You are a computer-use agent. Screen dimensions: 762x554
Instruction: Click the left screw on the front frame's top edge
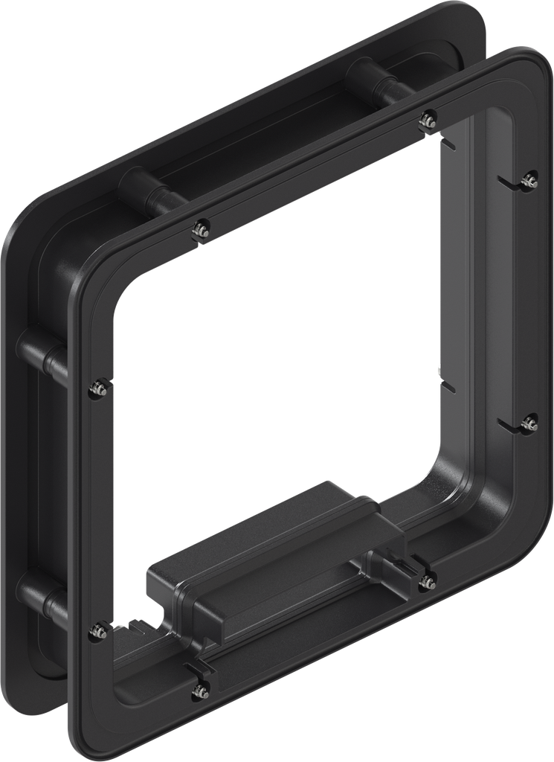pos(200,230)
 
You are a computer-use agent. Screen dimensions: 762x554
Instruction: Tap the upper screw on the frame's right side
pos(529,179)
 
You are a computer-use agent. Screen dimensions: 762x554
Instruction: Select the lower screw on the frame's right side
pos(529,423)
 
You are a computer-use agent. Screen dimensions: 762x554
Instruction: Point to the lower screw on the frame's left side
pos(97,631)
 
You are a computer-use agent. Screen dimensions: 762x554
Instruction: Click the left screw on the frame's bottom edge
pos(199,691)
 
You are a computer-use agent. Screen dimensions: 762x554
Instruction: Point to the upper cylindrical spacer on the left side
pos(41,350)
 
